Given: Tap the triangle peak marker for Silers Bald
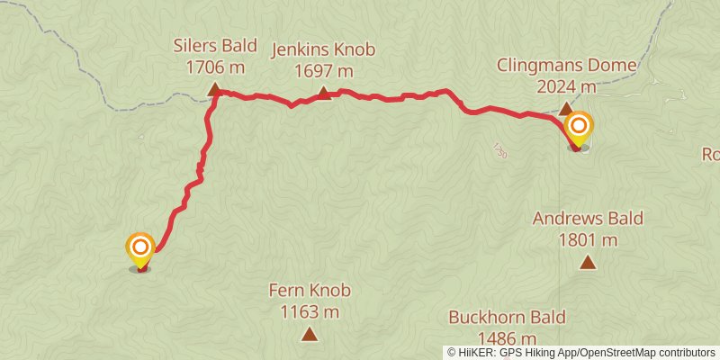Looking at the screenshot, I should [x=214, y=89].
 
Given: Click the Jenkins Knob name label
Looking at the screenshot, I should [x=324, y=50].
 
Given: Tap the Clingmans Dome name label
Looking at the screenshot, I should [x=567, y=66].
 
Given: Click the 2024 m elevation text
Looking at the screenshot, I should [x=567, y=86].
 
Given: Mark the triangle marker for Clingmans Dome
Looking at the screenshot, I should [x=565, y=109].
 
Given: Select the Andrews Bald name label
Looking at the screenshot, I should [x=588, y=219].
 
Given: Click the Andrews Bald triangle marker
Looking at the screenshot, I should [x=588, y=263].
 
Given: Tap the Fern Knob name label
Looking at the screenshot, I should [x=310, y=291].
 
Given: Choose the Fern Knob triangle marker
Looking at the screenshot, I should [x=310, y=335].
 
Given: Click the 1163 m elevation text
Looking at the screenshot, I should [x=310, y=312].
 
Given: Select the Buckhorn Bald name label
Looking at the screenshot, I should [x=507, y=318].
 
